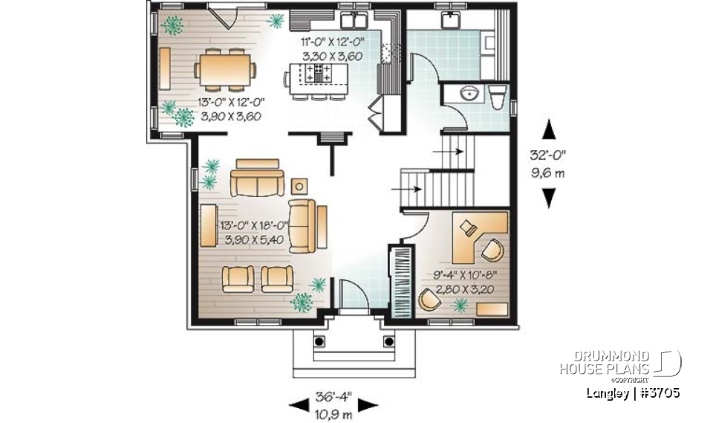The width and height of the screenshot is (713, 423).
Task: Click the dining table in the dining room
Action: [x=224, y=71]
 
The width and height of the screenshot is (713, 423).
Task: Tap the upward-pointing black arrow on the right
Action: [x=549, y=129]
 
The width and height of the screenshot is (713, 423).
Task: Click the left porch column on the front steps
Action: [x=320, y=341]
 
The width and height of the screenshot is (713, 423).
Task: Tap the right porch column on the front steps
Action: [x=388, y=341]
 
